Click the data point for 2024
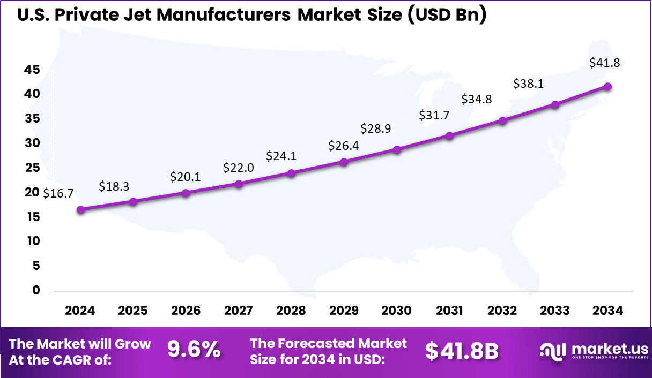click(80, 210)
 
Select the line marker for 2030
click(397, 150)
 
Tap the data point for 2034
click(607, 86)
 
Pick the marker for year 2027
click(239, 184)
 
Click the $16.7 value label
click(57, 193)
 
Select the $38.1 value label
click(528, 84)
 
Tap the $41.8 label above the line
click(604, 63)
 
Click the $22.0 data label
click(239, 168)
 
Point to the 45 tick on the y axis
click(32, 70)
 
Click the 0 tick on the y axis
click(36, 290)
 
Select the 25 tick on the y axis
click(32, 168)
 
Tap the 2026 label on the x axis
click(186, 311)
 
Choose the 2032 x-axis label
click(502, 311)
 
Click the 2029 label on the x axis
click(344, 311)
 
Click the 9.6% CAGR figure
click(194, 350)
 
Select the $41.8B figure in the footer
click(462, 351)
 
